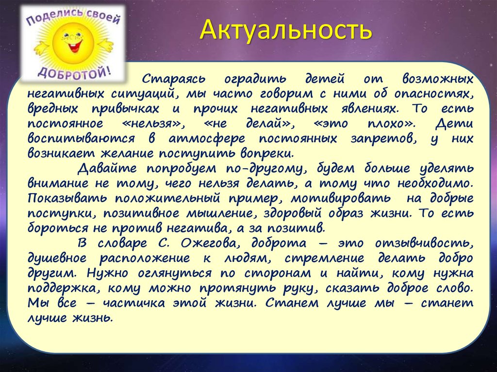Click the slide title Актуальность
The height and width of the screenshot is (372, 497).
coord(287,31)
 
